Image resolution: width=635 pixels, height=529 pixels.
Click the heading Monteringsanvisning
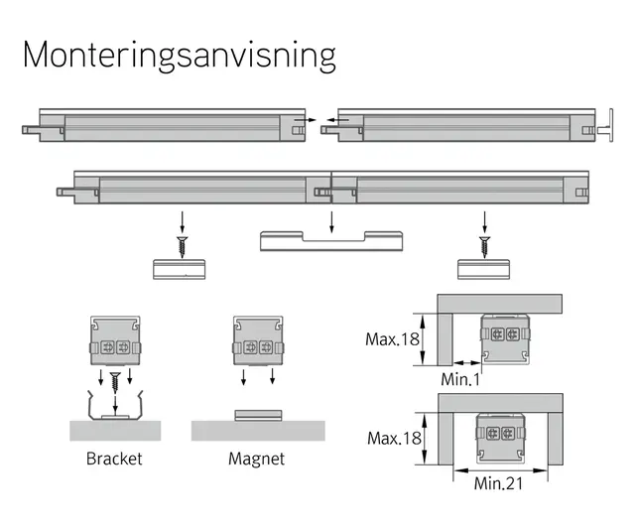(x=180, y=56)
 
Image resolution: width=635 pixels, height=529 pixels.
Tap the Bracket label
(x=114, y=459)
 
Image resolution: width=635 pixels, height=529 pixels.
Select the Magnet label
(x=256, y=459)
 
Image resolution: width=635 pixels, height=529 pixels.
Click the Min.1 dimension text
(x=460, y=379)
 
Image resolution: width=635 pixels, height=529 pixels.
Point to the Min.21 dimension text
(x=498, y=483)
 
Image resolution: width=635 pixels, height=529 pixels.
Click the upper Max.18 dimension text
(x=392, y=339)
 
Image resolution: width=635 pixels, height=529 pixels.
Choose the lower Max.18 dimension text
(x=394, y=439)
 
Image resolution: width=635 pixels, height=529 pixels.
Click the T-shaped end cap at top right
(x=605, y=126)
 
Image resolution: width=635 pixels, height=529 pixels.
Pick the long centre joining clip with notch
(x=331, y=241)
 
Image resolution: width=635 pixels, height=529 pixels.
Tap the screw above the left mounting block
(x=183, y=247)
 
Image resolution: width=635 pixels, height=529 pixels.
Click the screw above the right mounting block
(x=485, y=247)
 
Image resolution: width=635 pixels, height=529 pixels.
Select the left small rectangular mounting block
(x=179, y=269)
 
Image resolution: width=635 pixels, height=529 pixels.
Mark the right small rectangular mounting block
(x=483, y=269)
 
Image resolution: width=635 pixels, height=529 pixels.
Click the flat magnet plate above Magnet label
(x=258, y=415)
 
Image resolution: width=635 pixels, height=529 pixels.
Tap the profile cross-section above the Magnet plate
(x=258, y=341)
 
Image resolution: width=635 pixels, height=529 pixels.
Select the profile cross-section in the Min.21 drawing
(x=500, y=438)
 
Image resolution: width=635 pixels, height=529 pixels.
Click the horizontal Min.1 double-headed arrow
(x=467, y=362)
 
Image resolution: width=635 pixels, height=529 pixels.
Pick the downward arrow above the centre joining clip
(x=331, y=222)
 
